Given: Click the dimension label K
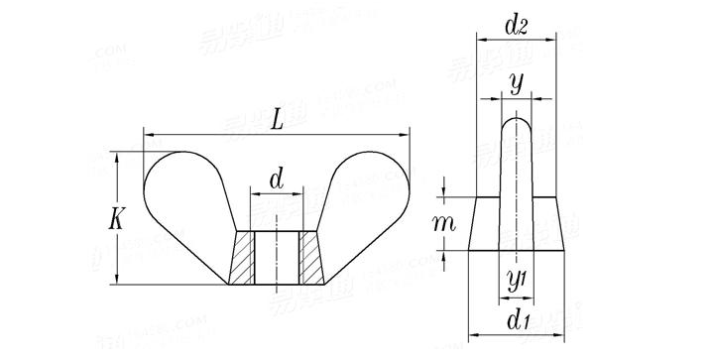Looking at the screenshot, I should [117, 220].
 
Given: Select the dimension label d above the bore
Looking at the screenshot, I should [277, 180].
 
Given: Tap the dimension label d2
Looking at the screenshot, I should [515, 27].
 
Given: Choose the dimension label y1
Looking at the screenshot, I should [515, 281].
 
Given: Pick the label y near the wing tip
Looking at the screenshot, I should [516, 84].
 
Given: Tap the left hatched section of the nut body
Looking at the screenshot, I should [243, 257].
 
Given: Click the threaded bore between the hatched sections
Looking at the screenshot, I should [277, 257].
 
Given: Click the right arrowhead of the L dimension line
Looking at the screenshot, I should [406, 134].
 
